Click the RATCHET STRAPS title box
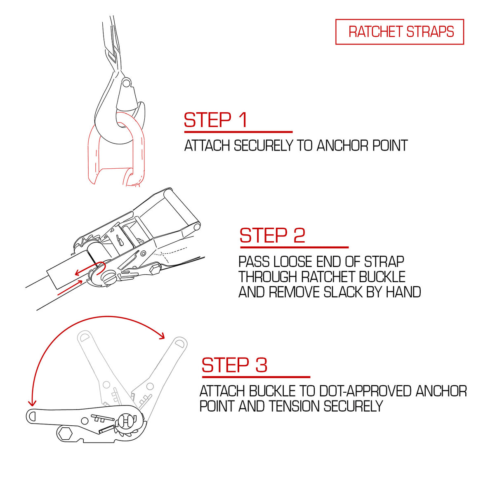point(399,32)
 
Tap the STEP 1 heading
point(216,120)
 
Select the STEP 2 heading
point(272,235)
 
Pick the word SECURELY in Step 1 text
point(264,145)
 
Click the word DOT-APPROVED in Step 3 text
point(365,391)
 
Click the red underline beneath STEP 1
point(238,132)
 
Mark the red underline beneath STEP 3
point(256,377)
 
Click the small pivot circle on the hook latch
point(126,83)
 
